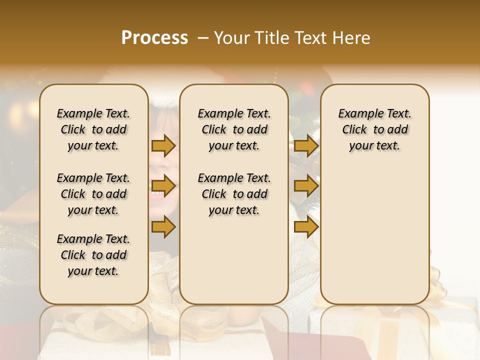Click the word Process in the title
(154, 38)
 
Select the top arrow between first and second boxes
(163, 145)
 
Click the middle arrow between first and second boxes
(163, 186)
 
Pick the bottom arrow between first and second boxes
(163, 226)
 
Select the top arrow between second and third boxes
(306, 145)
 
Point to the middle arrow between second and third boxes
(306, 186)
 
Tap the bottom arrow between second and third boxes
(306, 226)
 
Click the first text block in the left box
(93, 129)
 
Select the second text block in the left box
(93, 194)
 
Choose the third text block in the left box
(93, 255)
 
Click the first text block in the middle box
(234, 129)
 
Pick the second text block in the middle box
(234, 194)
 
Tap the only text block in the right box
(374, 129)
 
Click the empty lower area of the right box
(374, 235)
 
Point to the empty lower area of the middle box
(234, 260)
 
